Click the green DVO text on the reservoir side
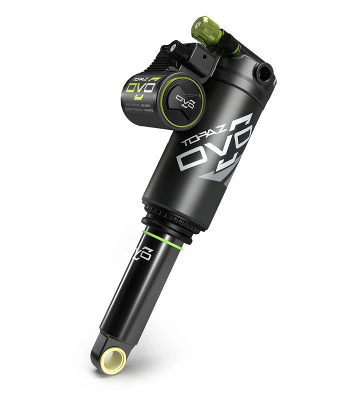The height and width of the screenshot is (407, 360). tap(141, 88)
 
